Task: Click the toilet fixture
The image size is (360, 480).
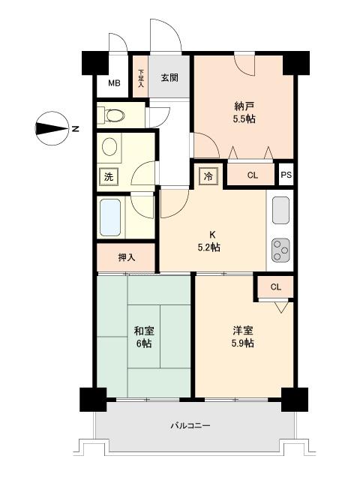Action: click(112, 115)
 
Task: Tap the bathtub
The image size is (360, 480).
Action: click(110, 217)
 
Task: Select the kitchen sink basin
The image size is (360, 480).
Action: click(280, 210)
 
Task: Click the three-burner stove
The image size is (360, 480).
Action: click(280, 250)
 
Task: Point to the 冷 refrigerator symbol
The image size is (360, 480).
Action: click(208, 176)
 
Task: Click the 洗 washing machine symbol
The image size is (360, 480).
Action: click(109, 177)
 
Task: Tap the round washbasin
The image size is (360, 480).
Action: click(109, 147)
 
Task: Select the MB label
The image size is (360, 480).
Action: click(114, 83)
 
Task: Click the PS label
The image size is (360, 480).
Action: click(286, 175)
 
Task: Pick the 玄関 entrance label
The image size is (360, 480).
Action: click(169, 78)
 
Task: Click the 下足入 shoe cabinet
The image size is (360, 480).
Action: click(141, 76)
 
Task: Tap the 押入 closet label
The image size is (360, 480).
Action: click(127, 258)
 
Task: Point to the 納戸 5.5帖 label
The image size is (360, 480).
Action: click(244, 112)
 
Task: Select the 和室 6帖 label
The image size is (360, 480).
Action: click(144, 337)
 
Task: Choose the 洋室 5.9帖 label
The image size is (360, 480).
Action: click(242, 337)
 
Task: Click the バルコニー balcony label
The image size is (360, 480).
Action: click(190, 426)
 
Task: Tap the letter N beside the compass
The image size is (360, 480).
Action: click(75, 128)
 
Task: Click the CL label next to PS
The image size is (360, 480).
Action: click(253, 175)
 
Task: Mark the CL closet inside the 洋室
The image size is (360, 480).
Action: click(276, 286)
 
